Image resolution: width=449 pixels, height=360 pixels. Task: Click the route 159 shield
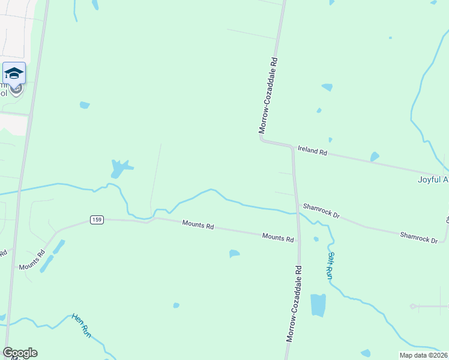(97, 220)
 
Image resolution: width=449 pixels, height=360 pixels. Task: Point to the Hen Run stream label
(81, 325)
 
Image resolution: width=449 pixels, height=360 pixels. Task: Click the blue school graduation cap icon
(14, 73)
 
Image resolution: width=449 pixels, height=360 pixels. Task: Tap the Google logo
(20, 353)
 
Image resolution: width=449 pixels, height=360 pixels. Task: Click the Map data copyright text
(423, 355)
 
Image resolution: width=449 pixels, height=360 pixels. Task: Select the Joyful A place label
(433, 179)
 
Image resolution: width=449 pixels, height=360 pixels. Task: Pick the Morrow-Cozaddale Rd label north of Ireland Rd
(268, 95)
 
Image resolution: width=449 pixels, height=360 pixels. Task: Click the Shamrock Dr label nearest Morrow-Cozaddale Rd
(321, 211)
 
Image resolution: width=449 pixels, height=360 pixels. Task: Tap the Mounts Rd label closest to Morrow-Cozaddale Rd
(277, 238)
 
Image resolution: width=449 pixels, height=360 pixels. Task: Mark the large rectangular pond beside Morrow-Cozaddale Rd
(318, 305)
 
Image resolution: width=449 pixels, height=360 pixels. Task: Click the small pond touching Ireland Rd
(375, 157)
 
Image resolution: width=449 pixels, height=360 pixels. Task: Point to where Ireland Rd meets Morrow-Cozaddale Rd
(292, 146)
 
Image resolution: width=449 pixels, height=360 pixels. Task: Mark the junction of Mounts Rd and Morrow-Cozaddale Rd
(298, 242)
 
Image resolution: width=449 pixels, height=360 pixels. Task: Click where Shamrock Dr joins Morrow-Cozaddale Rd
(296, 204)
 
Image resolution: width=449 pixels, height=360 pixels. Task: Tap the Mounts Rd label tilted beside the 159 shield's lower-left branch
(32, 262)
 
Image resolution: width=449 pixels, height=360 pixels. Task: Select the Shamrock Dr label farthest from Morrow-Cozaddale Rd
(419, 236)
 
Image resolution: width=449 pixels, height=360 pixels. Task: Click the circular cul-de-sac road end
(412, 307)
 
